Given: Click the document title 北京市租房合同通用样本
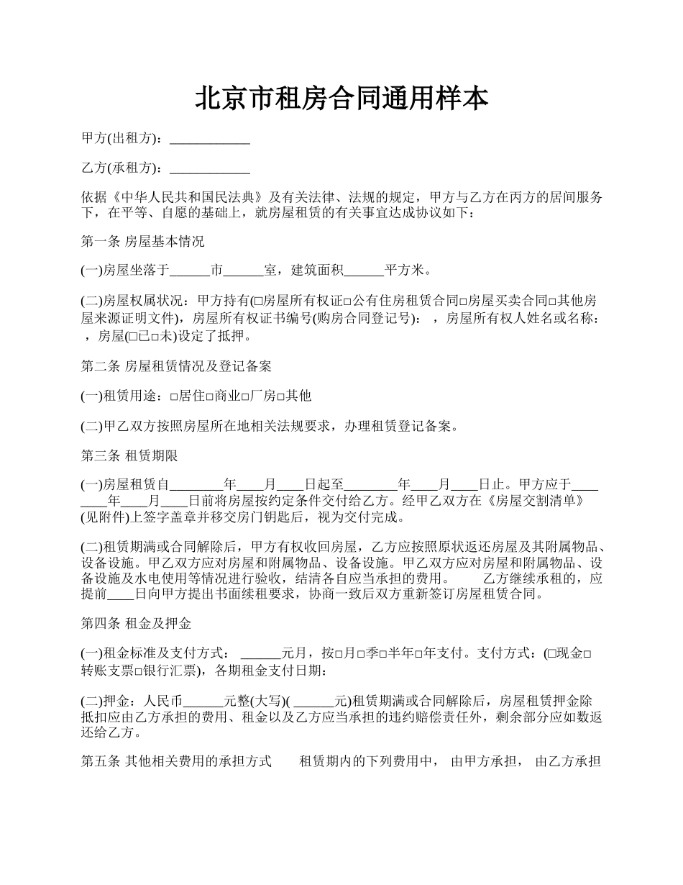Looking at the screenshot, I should pos(341,99).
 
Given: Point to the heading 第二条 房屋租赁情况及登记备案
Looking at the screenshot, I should pos(176,366).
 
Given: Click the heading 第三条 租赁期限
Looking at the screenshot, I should pos(129,455).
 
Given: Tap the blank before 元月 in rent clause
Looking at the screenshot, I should pos(260,654).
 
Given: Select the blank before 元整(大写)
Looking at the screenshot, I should pos(204,701).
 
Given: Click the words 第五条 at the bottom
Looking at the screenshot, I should pos(100,761).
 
